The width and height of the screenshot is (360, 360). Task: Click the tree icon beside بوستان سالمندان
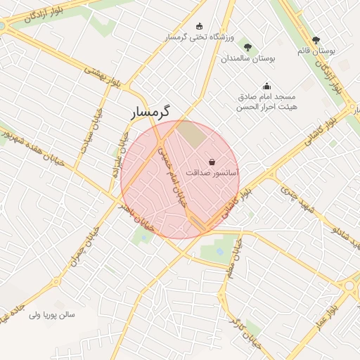(247, 47)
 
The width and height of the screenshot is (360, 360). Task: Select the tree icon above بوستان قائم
(316, 40)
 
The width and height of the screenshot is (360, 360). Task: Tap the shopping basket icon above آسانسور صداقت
(212, 162)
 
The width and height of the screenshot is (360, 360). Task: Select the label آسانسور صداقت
(213, 172)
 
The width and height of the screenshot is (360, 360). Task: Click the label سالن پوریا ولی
(51, 314)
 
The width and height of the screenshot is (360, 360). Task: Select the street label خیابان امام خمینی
(172, 172)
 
